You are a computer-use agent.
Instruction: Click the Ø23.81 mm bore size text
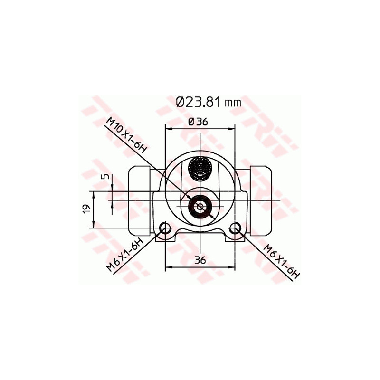208,102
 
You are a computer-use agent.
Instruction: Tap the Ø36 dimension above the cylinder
198,122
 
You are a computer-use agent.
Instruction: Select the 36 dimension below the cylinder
199,260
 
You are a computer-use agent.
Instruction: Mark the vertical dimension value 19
85,209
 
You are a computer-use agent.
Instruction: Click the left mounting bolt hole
165,228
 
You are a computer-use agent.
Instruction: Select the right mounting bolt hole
235,228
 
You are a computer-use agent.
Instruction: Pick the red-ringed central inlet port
199,206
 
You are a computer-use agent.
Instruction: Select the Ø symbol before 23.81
180,102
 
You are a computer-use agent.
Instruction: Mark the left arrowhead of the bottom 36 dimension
168,268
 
